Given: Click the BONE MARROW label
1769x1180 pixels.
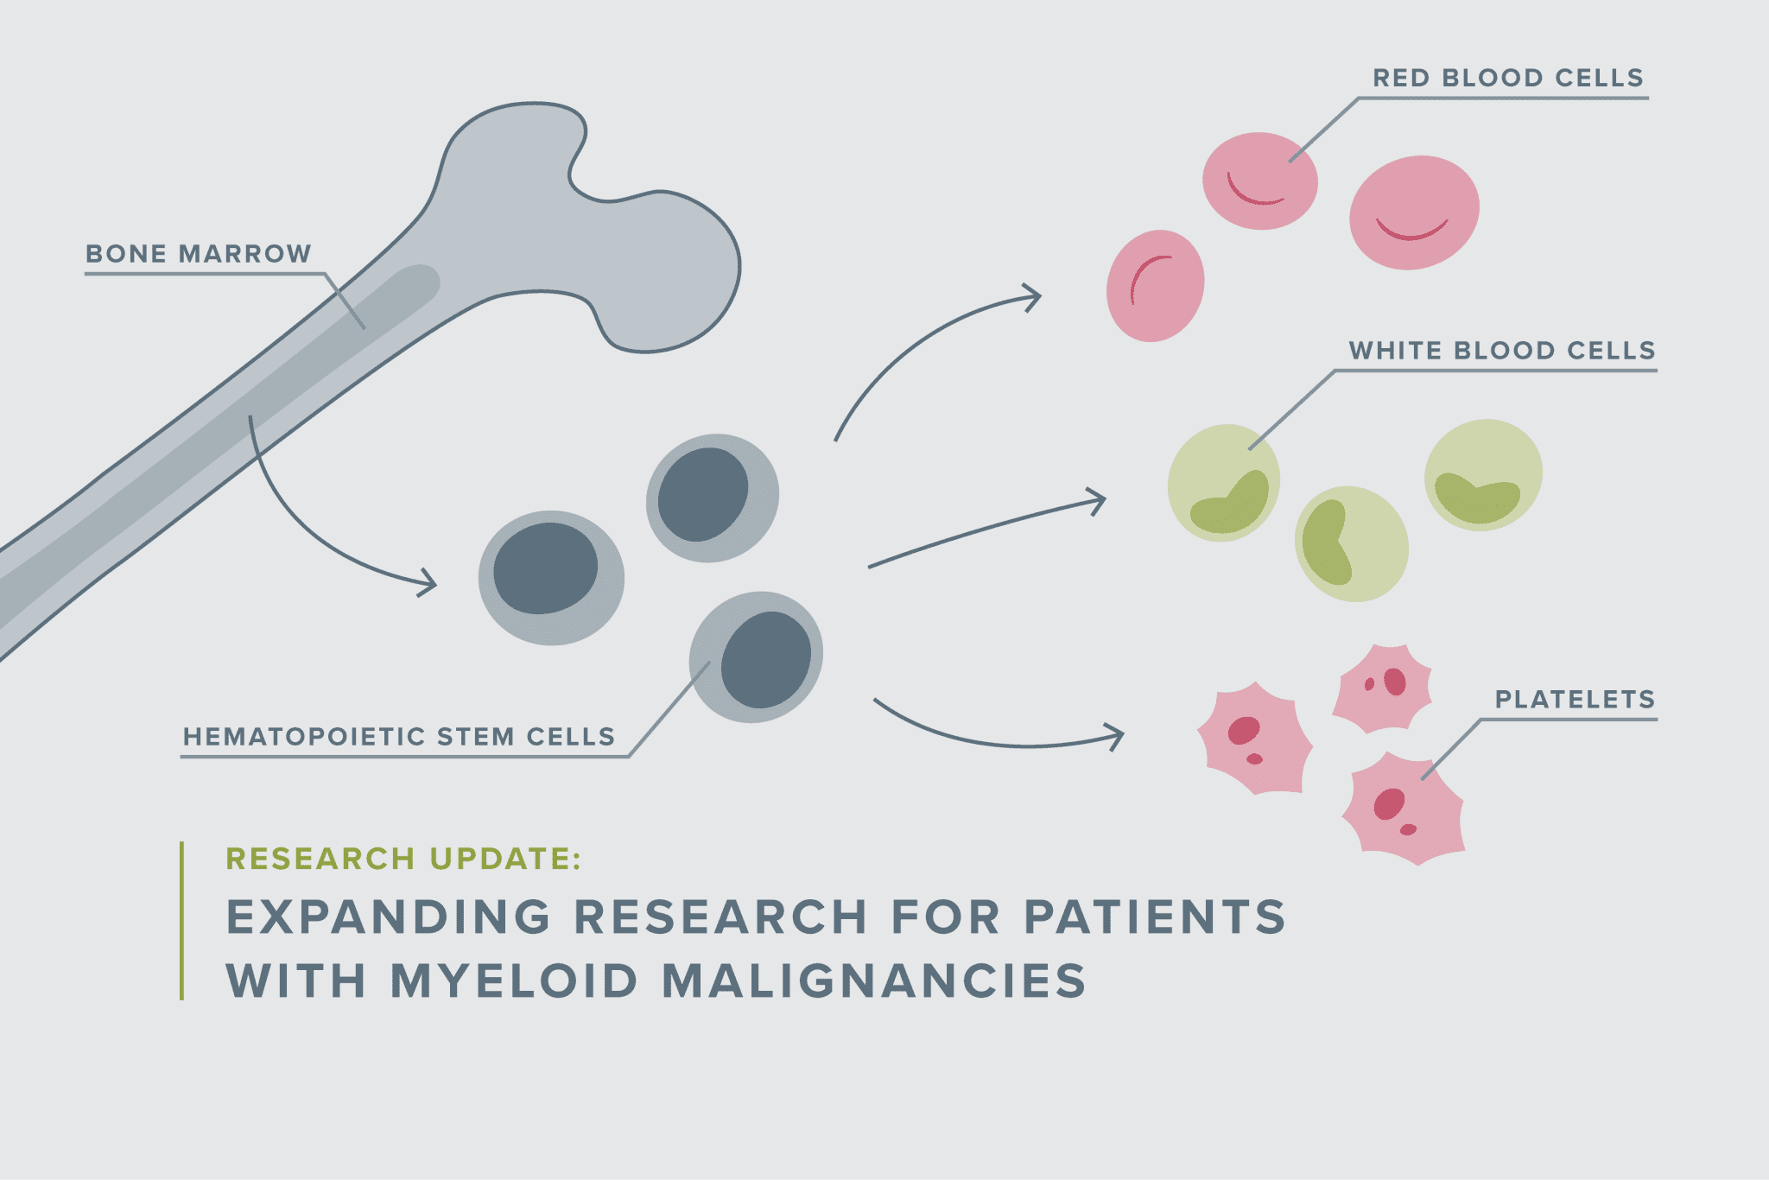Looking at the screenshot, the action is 198,254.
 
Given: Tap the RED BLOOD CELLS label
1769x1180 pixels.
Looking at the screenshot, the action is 1508,78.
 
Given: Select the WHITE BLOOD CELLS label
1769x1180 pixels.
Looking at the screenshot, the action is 1502,351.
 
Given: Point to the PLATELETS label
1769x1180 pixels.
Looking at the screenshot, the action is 1575,700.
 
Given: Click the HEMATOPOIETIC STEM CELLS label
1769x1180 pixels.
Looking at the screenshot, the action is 399,737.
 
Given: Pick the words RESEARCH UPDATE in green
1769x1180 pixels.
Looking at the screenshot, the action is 403,859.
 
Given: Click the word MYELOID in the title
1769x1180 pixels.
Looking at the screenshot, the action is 515,981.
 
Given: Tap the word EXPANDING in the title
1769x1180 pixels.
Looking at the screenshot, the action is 389,917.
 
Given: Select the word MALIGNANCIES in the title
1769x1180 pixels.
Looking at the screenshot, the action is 874,981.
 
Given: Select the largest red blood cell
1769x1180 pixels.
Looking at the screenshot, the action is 1414,213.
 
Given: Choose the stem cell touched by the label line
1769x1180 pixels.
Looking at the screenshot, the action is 756,657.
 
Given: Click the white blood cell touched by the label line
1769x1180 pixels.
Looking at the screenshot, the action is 1224,483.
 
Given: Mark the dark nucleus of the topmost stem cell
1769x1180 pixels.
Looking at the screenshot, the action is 703,494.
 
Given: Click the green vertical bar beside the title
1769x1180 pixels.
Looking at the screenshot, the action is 181,921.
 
